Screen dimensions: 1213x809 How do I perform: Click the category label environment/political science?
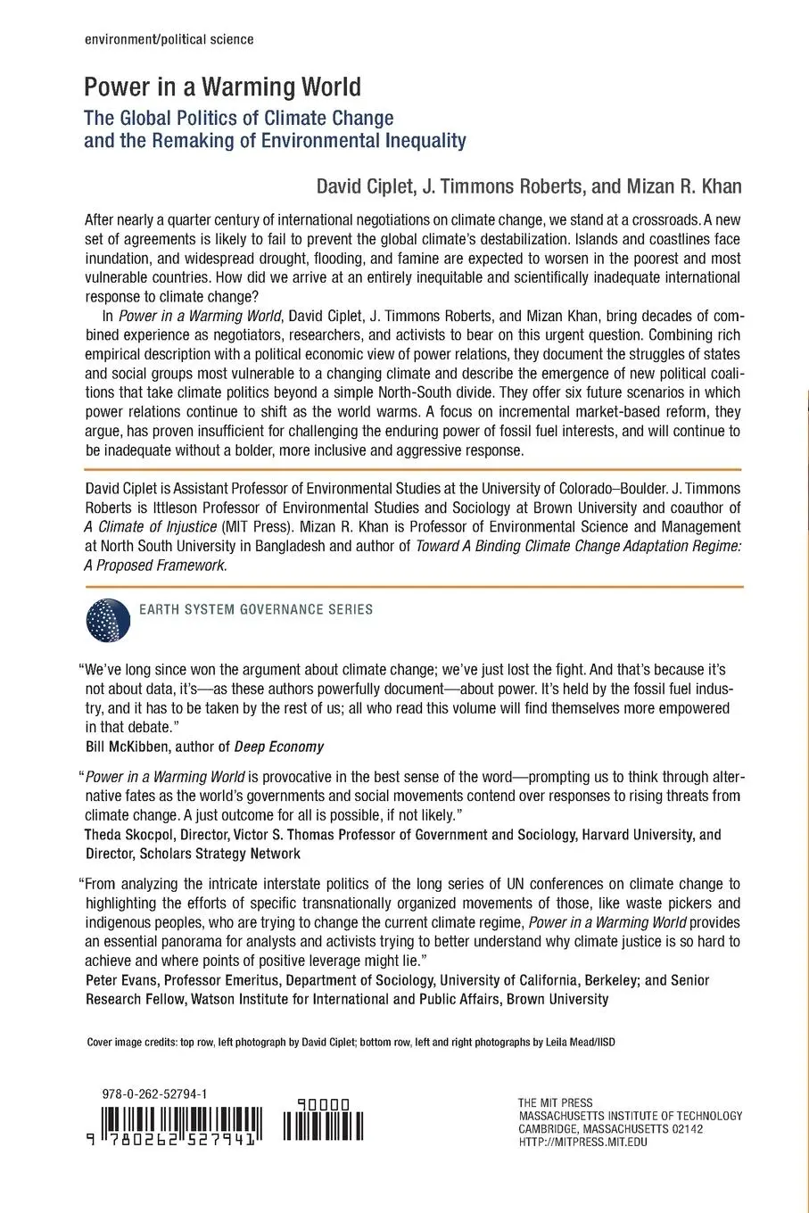tap(168, 40)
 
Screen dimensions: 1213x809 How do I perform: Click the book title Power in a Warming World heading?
tap(222, 87)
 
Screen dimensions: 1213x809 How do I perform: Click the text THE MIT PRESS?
tap(555, 1103)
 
